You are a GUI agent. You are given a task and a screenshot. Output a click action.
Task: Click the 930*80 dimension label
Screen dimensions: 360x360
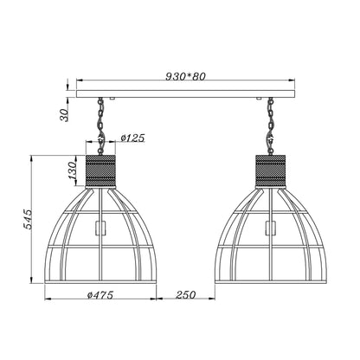click(185, 76)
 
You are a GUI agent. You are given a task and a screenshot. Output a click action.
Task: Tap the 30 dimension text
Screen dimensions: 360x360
click(65, 115)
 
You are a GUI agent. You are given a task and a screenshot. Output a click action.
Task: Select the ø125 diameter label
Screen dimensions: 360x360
click(132, 138)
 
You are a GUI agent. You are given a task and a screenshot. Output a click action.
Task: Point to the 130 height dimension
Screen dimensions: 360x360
click(72, 170)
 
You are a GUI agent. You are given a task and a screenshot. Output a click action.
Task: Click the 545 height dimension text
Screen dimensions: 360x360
click(29, 219)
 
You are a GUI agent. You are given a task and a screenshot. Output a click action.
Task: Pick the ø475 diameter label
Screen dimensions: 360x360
click(100, 295)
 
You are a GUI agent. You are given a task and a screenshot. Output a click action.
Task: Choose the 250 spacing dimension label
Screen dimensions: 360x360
click(185, 295)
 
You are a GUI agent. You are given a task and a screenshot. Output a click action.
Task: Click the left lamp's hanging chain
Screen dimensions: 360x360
click(100, 126)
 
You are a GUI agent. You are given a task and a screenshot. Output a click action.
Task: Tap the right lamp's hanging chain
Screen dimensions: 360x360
click(271, 126)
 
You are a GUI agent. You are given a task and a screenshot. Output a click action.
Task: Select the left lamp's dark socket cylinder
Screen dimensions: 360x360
click(100, 171)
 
